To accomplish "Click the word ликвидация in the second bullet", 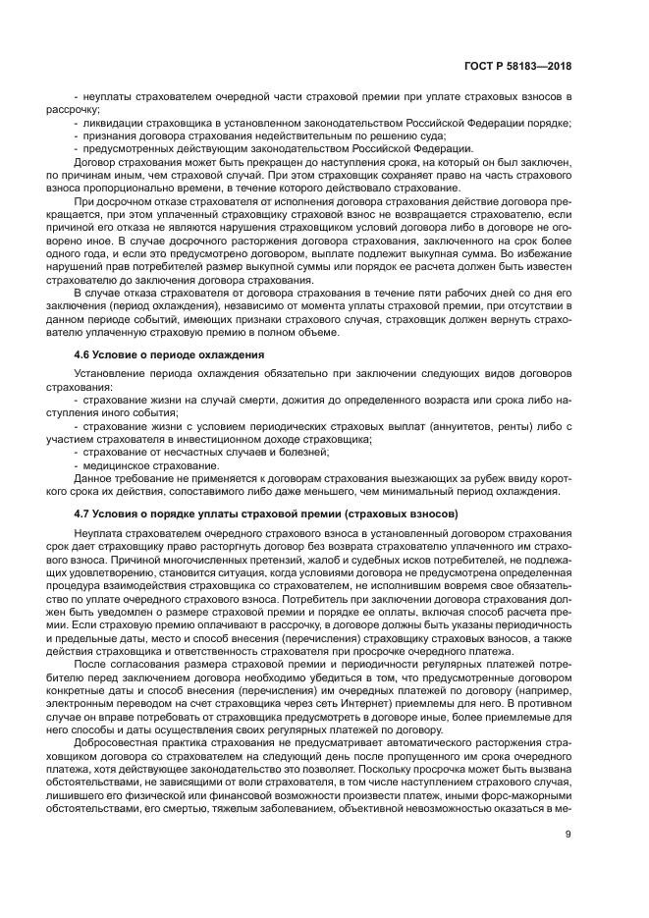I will point(112,122).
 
